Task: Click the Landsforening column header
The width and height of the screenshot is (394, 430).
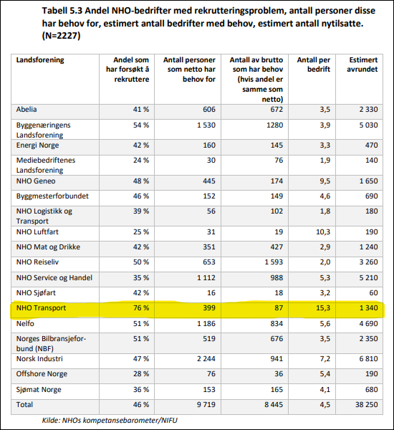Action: pos(40,59)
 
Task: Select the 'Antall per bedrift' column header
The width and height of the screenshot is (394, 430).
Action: pos(313,64)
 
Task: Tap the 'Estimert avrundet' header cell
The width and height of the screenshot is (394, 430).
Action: pos(362,64)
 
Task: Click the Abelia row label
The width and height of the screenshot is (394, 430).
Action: pos(27,110)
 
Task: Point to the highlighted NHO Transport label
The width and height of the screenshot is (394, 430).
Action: pos(41,307)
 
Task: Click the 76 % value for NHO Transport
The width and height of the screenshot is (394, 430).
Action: pos(141,307)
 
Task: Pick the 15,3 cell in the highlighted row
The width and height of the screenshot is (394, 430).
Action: pos(323,307)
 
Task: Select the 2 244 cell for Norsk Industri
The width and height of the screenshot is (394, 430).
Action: pos(206,359)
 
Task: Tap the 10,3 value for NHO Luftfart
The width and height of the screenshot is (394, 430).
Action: pos(323,232)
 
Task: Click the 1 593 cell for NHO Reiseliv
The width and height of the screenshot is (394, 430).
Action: pos(274,262)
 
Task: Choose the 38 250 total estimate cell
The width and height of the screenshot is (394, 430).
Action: pos(367,404)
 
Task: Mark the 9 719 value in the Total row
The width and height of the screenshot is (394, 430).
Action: pos(206,404)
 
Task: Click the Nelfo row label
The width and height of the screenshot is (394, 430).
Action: pos(25,324)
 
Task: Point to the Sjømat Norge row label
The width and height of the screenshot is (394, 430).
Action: pos(39,390)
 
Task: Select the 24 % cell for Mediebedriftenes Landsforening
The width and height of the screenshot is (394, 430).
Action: pos(141,160)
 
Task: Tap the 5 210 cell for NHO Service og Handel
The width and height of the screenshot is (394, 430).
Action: pos(368,277)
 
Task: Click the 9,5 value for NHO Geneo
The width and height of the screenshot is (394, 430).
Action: pos(325,181)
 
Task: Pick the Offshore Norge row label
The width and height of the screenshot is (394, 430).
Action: pos(42,374)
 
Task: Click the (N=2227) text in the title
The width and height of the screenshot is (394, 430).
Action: pos(61,36)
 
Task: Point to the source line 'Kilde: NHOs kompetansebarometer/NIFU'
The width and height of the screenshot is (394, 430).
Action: pos(110,420)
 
